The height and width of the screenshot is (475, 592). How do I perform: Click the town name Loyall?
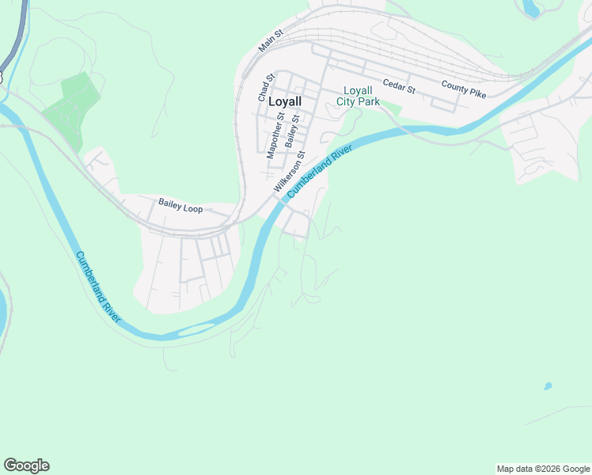pos(285,101)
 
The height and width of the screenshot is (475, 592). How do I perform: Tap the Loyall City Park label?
pos(358,96)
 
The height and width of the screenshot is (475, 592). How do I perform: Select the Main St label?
pos(270,42)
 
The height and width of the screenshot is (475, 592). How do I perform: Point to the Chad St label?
pos(265,87)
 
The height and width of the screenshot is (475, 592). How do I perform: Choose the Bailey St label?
pos(293,131)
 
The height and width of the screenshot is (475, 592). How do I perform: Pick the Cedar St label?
pos(398,85)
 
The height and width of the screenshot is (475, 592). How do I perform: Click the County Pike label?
pos(463,89)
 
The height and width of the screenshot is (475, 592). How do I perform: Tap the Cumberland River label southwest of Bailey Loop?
pos(98,286)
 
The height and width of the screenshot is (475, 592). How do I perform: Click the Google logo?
pos(26,465)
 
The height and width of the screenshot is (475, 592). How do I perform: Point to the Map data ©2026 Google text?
pos(543,469)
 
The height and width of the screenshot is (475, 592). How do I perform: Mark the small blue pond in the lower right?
pos(547,386)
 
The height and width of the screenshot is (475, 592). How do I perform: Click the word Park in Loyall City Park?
pos(369,101)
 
